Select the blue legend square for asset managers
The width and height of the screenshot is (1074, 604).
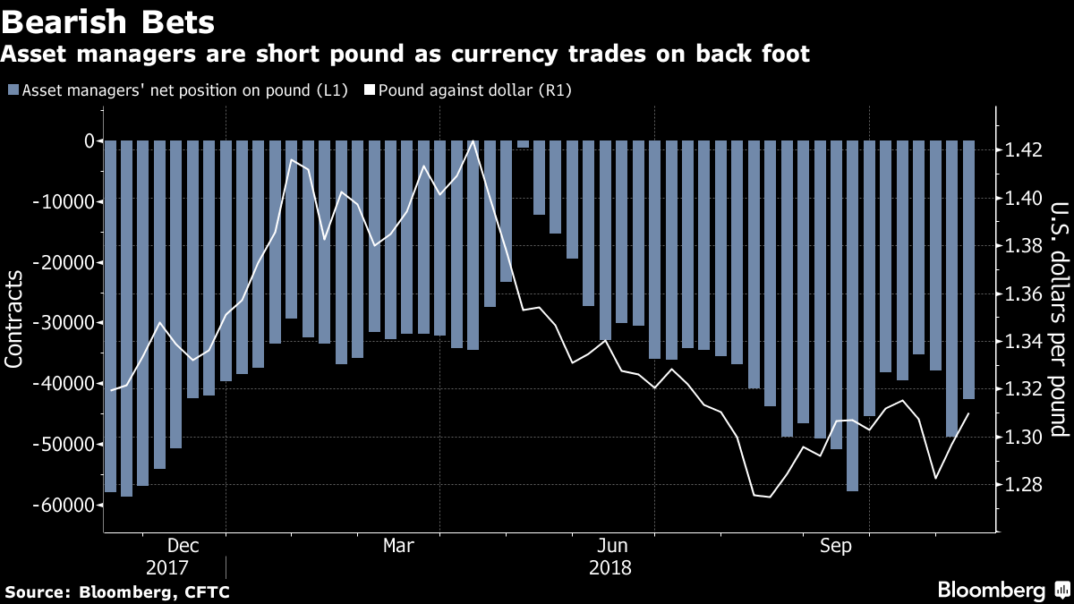point(13,90)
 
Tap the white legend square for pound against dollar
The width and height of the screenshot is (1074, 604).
point(369,90)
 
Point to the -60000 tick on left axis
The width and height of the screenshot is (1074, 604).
point(65,505)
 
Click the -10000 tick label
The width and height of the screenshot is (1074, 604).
point(65,201)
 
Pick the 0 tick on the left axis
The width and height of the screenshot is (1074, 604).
point(89,140)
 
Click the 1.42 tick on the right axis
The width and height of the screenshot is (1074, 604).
point(1023,149)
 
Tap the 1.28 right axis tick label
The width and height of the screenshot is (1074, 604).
point(1023,485)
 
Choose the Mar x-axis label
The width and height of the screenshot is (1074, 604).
point(398,546)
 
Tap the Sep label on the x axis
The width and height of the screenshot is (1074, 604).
point(835,546)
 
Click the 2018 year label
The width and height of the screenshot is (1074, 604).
point(611,568)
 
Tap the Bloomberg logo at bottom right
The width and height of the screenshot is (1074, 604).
point(1002,590)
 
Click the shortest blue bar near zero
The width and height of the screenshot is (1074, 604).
point(523,143)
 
